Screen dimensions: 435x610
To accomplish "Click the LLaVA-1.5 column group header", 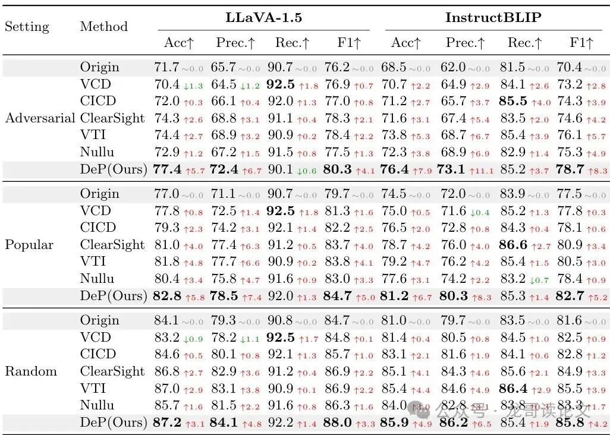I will (263, 18).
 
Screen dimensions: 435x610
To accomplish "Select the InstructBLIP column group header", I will (493, 18).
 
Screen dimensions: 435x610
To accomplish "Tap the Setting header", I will (27, 27).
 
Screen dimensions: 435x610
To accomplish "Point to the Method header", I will (103, 27).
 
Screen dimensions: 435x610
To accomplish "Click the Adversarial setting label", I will (40, 118).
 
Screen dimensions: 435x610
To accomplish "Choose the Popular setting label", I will (29, 245).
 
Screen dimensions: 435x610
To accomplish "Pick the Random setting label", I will (31, 371).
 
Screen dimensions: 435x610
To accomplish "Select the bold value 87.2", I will (167, 423).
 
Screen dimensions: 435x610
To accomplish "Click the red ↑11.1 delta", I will (482, 171).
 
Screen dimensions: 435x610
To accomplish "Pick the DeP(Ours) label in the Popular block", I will (113, 296).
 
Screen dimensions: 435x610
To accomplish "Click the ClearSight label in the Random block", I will (112, 371).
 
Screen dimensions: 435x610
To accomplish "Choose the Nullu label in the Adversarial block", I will (97, 152).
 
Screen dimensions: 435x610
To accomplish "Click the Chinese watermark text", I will (511, 410).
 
